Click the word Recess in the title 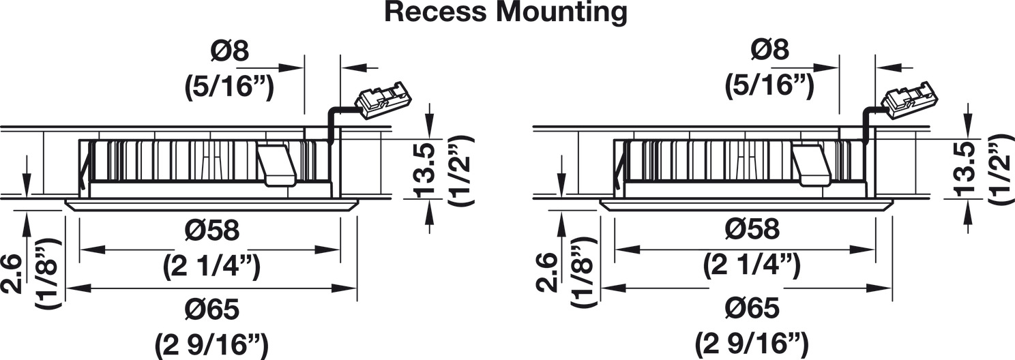(x=435, y=12)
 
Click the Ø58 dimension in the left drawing (x=211, y=230)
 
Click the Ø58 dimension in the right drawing (x=752, y=230)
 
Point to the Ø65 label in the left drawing (x=211, y=309)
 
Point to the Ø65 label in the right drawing (x=752, y=309)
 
